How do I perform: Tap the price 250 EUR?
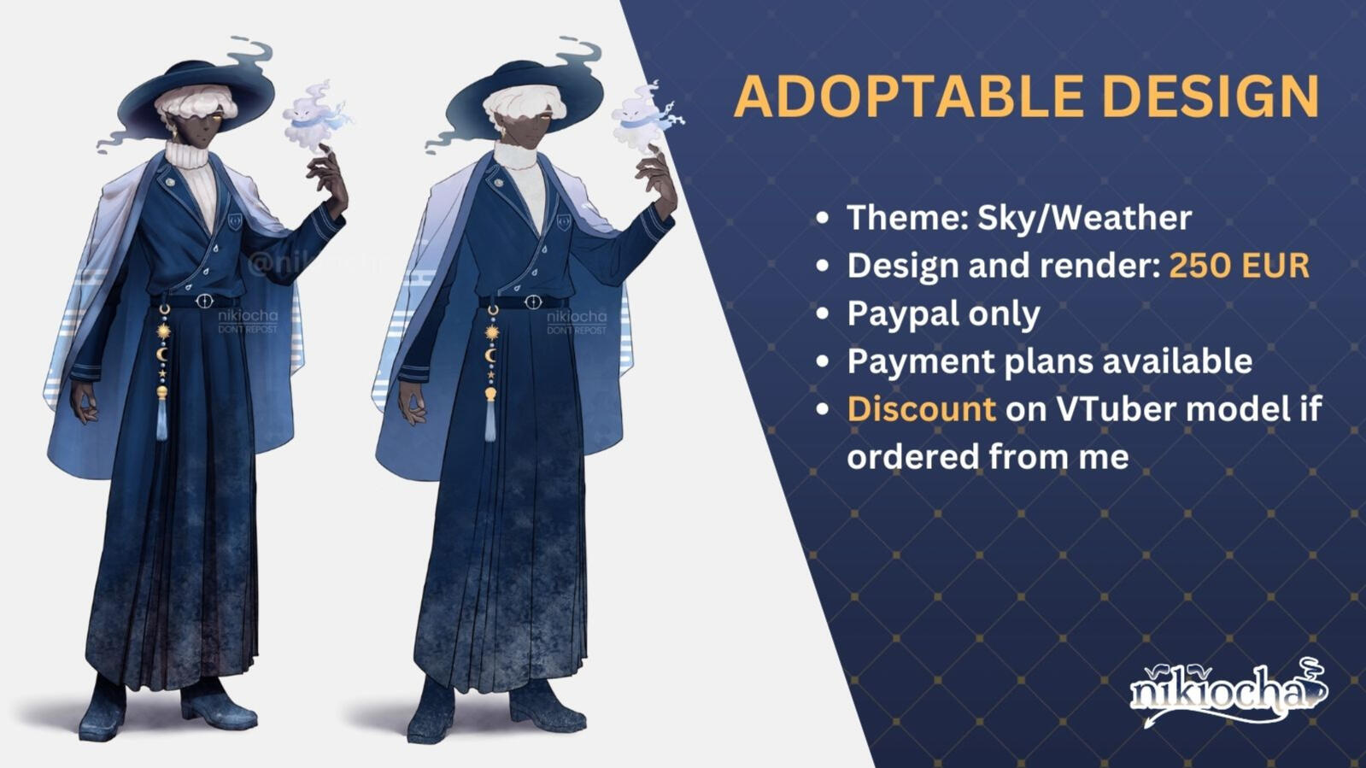(x=1239, y=266)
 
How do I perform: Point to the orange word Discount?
(x=921, y=408)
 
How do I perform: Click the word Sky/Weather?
(x=1084, y=218)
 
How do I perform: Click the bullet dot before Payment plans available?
(x=822, y=362)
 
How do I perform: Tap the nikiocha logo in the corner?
(x=1227, y=692)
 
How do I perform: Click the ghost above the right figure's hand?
(x=641, y=116)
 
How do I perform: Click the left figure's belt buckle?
(x=203, y=301)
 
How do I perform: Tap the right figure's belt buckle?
(x=532, y=302)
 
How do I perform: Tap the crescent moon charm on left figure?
(x=162, y=353)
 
